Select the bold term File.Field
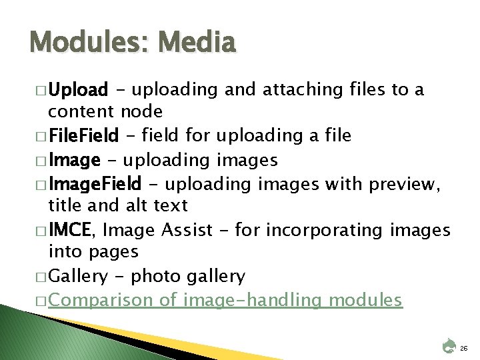point(85,137)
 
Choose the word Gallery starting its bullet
point(75,276)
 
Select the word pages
point(115,253)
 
